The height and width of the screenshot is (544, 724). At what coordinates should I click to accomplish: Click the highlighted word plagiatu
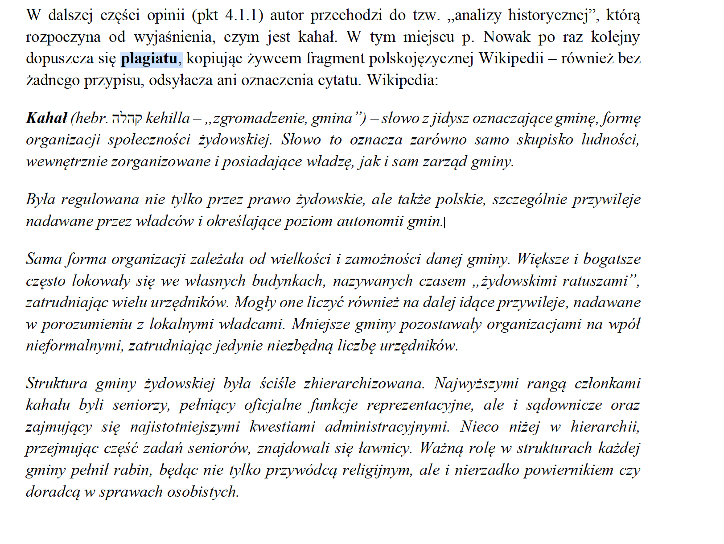tap(149, 59)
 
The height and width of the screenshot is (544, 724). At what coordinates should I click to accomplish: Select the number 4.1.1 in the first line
tap(241, 16)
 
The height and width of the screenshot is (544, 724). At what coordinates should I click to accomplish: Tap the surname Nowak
tap(507, 37)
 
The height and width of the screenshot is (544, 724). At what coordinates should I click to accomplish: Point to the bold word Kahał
tap(46, 118)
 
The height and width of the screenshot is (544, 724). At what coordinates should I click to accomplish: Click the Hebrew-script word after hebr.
tap(127, 118)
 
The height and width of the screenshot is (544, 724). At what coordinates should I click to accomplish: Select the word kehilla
tap(168, 118)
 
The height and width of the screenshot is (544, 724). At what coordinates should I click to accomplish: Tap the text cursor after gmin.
tap(445, 222)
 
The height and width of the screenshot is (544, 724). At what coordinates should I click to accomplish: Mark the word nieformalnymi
tap(73, 346)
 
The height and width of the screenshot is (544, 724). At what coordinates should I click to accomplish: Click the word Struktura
tap(57, 383)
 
